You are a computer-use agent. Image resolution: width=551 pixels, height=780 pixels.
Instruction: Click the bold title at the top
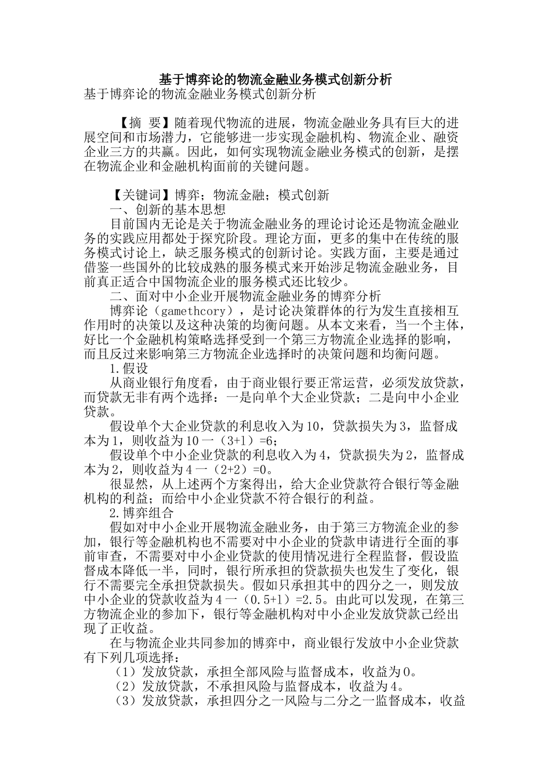275,79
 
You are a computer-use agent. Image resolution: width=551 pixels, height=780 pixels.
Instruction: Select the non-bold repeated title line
200,93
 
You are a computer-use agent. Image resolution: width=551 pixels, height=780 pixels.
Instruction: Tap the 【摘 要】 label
142,123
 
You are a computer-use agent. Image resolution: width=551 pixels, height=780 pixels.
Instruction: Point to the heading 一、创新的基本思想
168,210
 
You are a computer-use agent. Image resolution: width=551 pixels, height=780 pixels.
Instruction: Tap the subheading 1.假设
129,368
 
